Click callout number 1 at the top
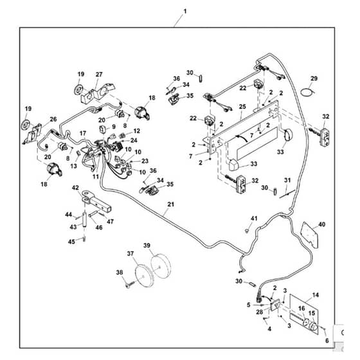click(185, 12)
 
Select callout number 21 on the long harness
click(171, 204)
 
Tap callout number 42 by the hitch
click(75, 188)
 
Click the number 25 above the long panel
click(242, 107)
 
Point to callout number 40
click(322, 224)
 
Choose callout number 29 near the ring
click(314, 78)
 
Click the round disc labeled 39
click(161, 266)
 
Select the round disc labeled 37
click(144, 276)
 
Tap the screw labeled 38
click(128, 285)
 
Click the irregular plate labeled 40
click(310, 235)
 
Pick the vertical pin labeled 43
click(84, 219)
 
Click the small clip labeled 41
click(247, 230)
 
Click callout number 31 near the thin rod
click(287, 180)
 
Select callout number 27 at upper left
click(99, 75)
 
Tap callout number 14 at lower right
click(316, 294)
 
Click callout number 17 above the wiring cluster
click(83, 133)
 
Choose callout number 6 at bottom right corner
click(327, 340)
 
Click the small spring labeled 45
click(84, 239)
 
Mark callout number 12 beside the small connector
click(136, 131)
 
